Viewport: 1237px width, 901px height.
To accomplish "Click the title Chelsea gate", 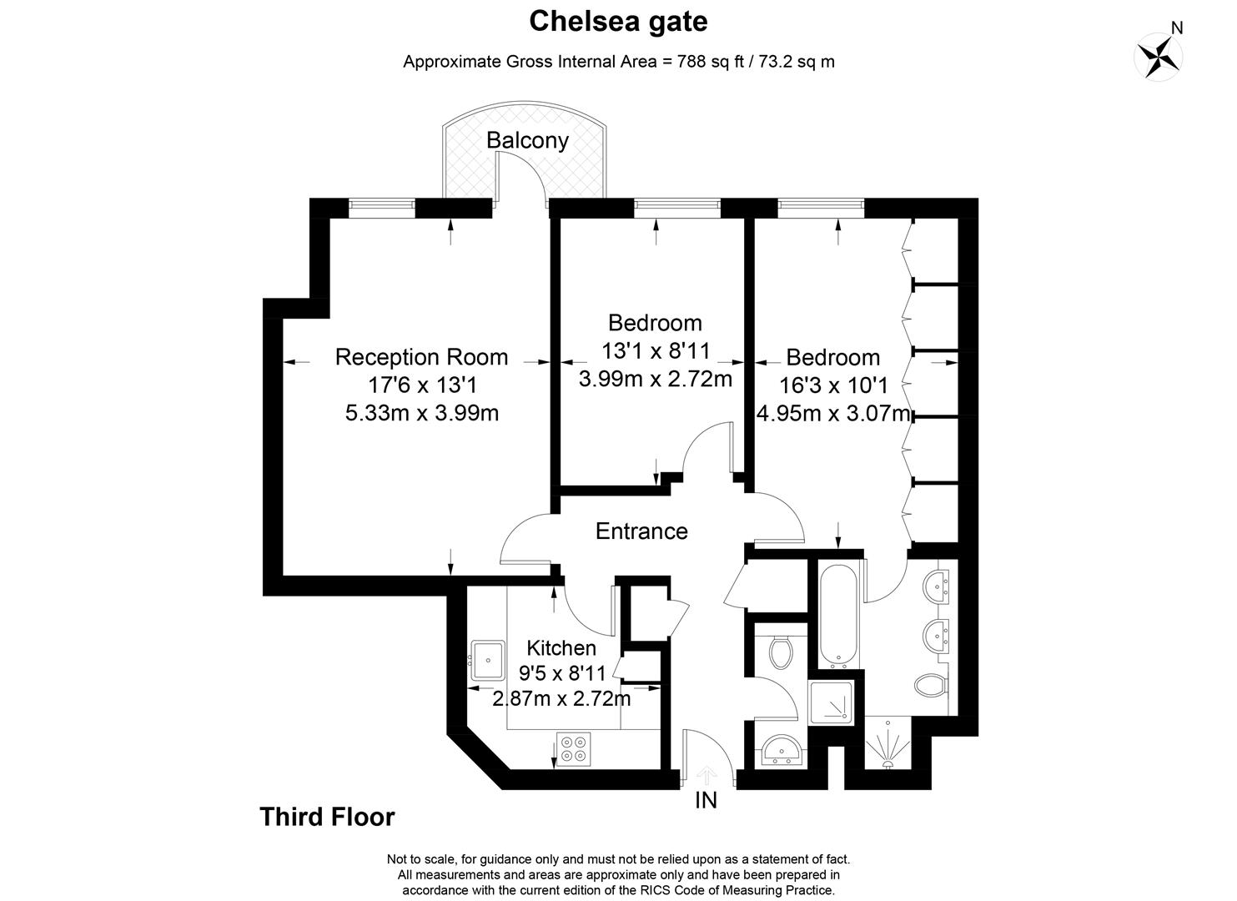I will [618, 22].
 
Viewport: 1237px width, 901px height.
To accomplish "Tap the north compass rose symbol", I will [1159, 57].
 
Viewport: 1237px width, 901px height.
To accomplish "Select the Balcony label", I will [527, 140].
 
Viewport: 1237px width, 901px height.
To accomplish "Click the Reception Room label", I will [421, 357].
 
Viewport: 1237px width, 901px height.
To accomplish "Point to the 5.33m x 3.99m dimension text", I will [421, 412].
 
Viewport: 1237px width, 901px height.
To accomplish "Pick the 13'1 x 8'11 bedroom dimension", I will [655, 351].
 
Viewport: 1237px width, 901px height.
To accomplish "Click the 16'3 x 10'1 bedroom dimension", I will [832, 385].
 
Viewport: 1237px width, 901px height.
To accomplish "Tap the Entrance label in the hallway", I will [641, 531].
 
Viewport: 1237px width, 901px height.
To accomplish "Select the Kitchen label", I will [561, 648].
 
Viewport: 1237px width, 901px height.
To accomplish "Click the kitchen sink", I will [486, 659].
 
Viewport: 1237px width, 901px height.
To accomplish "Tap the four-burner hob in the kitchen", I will [573, 747].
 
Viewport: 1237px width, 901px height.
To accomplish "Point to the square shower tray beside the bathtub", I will [831, 702].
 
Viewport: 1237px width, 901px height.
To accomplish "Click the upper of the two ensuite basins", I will [941, 586].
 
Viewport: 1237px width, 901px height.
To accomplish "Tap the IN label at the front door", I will [706, 801].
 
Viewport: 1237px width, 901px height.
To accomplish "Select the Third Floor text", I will [327, 817].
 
